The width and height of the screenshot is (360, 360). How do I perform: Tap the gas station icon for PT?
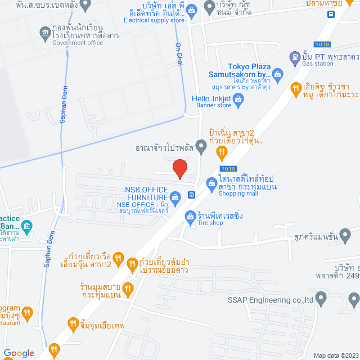[294, 57]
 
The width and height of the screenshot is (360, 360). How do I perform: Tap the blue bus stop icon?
[192, 195]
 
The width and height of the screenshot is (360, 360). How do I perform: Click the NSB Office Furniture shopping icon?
[175, 197]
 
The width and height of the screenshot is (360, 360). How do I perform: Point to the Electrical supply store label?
[146, 20]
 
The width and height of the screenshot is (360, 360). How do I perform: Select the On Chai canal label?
[179, 54]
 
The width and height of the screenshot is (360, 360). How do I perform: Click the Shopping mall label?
[238, 193]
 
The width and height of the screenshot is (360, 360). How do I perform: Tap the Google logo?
[19, 353]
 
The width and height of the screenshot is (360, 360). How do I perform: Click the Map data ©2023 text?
[335, 355]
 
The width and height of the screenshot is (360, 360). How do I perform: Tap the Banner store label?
[217, 105]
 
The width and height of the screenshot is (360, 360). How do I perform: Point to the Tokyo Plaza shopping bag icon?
[278, 74]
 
